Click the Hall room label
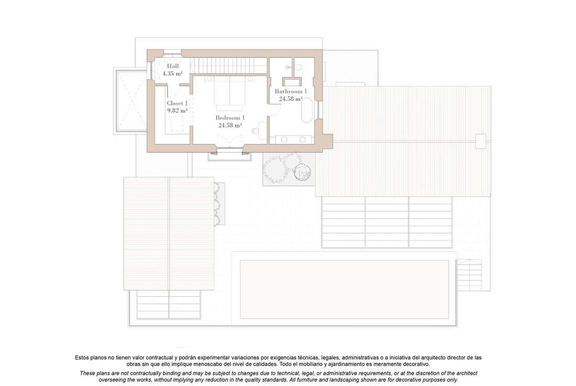173,66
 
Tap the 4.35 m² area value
173,73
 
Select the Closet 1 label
177,103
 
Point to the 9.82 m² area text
178,110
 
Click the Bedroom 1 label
230,118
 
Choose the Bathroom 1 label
291,92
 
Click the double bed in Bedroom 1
229,93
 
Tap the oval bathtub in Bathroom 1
307,109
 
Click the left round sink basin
284,139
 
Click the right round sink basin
302,139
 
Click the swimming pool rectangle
344,290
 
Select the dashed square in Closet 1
177,124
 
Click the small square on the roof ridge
481,141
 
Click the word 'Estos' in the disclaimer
82,357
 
